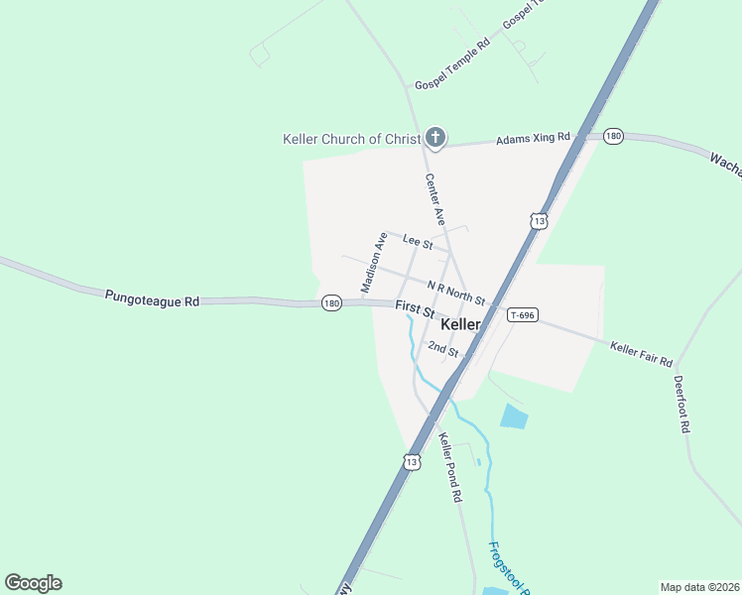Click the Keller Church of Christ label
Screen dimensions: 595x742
tap(352, 139)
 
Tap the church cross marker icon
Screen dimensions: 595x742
tap(434, 138)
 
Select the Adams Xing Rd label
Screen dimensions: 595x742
tap(534, 140)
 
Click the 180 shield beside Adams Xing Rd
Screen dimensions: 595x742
tap(613, 136)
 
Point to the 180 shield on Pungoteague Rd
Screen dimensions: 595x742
tap(332, 303)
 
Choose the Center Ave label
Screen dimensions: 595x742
tap(434, 198)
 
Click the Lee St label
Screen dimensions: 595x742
tap(418, 241)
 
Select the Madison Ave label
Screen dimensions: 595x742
tap(374, 263)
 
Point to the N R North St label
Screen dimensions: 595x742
tap(456, 294)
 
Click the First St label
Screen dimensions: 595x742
tap(415, 310)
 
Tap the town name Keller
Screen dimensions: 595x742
tap(460, 324)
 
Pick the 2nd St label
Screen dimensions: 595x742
tap(443, 350)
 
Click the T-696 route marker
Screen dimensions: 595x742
tap(522, 315)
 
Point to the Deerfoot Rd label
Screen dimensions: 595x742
tap(681, 404)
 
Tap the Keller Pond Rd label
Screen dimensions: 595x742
tap(451, 467)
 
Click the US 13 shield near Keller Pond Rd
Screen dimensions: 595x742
tap(412, 461)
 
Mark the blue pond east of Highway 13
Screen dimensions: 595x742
tap(514, 416)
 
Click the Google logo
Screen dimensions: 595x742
tap(33, 583)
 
